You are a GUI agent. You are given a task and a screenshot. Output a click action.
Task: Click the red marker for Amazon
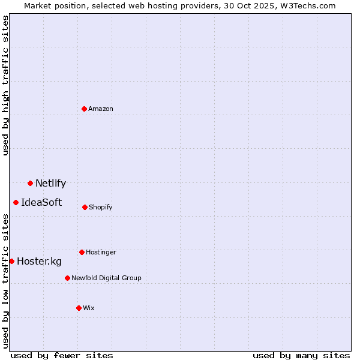[84, 109]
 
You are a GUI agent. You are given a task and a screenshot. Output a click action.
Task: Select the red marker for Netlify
[30, 183]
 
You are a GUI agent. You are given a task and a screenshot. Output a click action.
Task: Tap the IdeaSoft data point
[16, 202]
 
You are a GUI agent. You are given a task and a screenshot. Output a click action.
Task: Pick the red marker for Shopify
[85, 207]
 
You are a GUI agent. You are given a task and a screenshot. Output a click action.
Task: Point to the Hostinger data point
[82, 252]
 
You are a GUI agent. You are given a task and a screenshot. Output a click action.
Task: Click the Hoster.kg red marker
[11, 261]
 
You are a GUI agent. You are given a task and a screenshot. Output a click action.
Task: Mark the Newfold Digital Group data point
[67, 278]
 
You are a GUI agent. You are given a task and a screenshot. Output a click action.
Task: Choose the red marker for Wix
[79, 308]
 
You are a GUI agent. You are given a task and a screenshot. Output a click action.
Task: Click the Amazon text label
[101, 109]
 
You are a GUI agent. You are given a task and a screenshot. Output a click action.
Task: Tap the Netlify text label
[50, 184]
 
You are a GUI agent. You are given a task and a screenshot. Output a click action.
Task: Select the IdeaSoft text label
[41, 203]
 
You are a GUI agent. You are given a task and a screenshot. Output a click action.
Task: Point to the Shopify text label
[100, 207]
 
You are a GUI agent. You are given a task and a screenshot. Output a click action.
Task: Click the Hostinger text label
[101, 252]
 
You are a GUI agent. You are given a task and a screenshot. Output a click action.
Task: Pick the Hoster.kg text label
[39, 262]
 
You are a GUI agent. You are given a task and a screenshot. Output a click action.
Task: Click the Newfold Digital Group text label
[106, 278]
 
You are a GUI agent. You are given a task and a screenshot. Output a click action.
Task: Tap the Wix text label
[89, 308]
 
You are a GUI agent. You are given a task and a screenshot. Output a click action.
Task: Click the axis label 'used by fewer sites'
[62, 355]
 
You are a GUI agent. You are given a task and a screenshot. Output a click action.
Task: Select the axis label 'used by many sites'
[301, 355]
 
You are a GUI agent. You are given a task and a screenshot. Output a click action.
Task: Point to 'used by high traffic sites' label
[5, 85]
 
